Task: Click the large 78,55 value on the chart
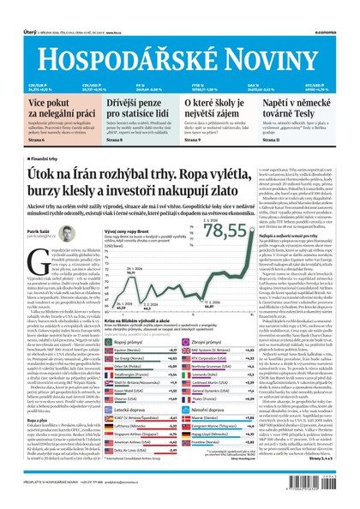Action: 225,232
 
